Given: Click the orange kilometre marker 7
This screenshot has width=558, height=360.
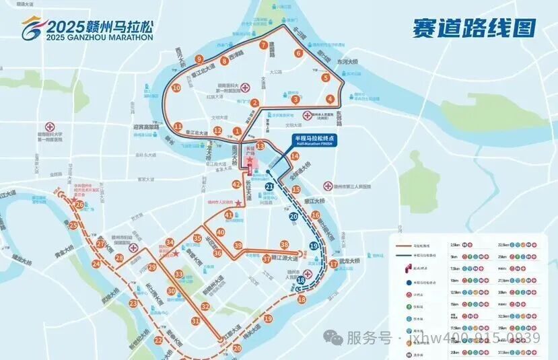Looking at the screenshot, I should (264, 46).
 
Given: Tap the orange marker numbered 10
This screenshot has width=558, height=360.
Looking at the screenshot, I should (176, 87).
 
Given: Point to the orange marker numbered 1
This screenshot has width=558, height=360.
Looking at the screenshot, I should (236, 131).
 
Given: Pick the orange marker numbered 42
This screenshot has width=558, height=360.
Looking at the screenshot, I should (236, 184).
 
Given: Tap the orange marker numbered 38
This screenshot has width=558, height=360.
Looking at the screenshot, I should (285, 245).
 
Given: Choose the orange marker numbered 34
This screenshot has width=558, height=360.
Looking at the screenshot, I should (170, 243).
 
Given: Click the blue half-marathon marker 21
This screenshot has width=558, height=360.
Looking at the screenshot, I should (269, 186).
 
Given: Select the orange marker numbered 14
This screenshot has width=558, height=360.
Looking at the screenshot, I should (294, 156).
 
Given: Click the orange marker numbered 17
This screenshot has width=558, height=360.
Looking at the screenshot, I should (333, 264).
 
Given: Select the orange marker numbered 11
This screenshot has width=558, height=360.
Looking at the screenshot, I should (178, 127).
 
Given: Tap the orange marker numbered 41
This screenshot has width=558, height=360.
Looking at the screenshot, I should (229, 215).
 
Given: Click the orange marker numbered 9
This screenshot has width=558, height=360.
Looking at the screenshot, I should (199, 59).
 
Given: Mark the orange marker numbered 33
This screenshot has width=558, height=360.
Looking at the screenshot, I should (178, 274).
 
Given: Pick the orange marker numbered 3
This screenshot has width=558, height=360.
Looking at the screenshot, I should (295, 100).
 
